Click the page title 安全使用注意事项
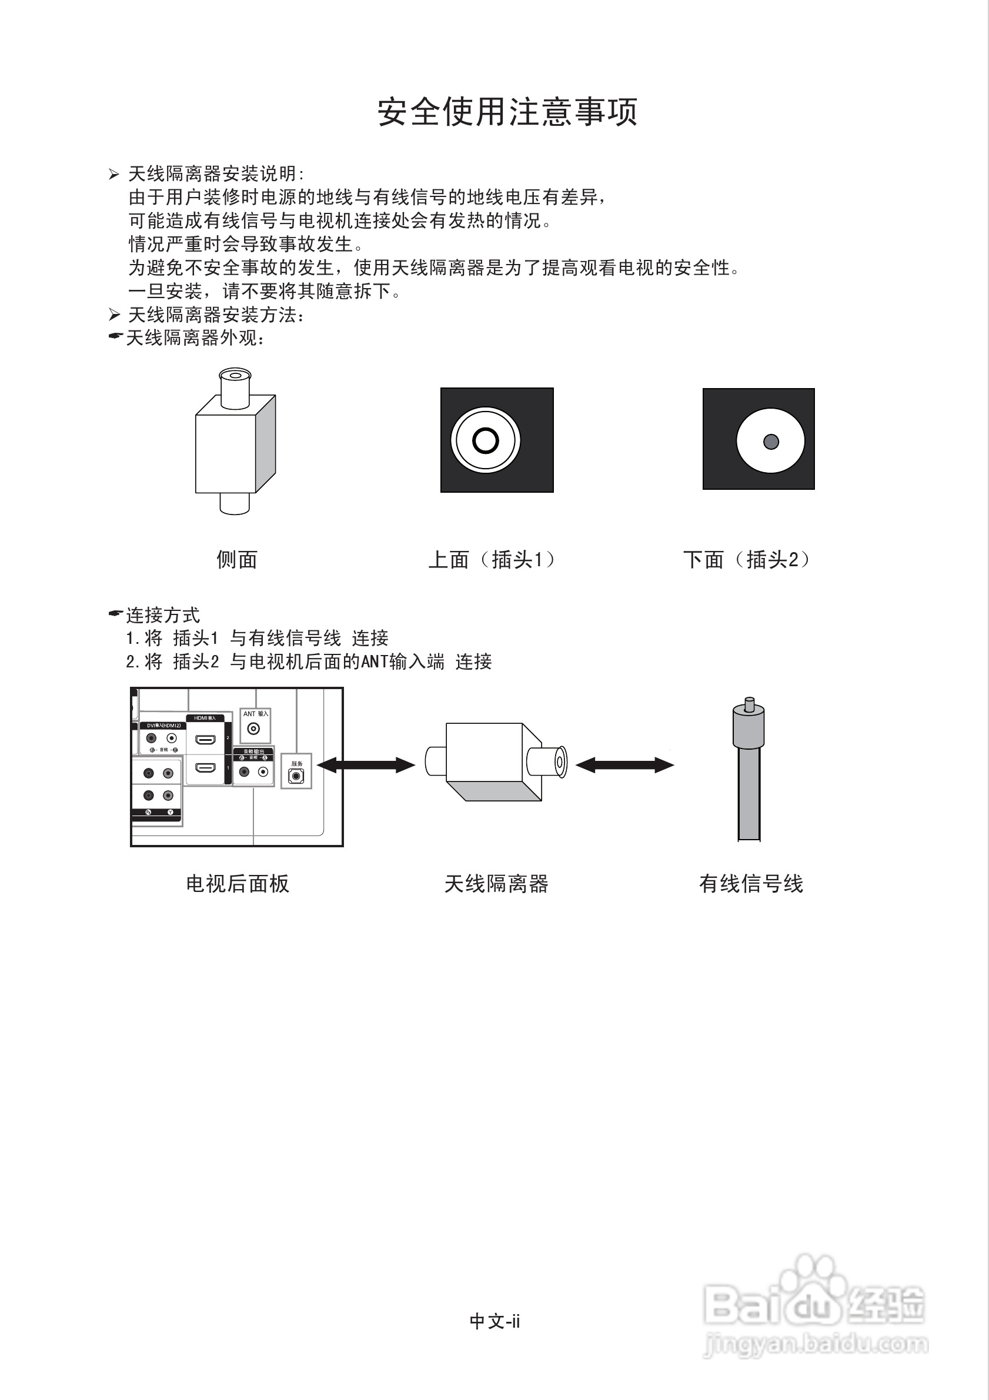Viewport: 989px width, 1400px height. click(x=507, y=112)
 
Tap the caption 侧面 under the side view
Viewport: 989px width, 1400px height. click(x=236, y=559)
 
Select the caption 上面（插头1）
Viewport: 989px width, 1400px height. click(x=492, y=559)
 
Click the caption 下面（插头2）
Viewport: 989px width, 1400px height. click(x=746, y=559)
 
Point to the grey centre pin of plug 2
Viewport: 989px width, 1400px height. click(x=771, y=442)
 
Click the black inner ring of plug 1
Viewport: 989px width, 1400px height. click(x=485, y=440)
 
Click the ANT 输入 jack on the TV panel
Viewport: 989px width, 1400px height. click(x=253, y=729)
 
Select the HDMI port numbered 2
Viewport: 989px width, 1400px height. click(x=205, y=740)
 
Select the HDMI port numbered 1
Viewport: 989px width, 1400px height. click(x=205, y=768)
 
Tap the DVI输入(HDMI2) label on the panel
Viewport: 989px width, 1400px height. click(x=163, y=726)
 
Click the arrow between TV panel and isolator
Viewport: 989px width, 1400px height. click(x=366, y=764)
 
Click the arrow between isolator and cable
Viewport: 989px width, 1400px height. click(x=624, y=764)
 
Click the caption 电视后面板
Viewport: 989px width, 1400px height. click(x=237, y=884)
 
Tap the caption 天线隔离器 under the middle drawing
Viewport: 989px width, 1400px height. click(x=496, y=884)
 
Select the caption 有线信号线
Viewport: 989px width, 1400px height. click(x=751, y=884)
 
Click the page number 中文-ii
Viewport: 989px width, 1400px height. click(x=494, y=1321)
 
